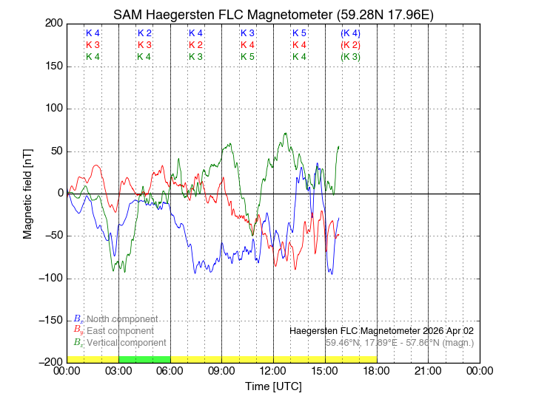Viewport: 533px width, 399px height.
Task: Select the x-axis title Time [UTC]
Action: [x=273, y=386]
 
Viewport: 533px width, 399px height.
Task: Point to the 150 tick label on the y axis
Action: [x=52, y=66]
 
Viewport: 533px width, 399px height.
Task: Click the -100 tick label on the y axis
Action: [x=49, y=279]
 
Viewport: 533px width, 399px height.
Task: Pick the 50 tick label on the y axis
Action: [x=55, y=151]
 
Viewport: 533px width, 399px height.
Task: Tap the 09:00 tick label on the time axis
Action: [x=221, y=371]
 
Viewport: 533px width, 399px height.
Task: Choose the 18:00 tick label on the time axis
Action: [x=376, y=371]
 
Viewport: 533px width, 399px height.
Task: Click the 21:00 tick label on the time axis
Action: [x=428, y=371]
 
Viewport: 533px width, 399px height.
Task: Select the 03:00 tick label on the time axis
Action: [x=118, y=371]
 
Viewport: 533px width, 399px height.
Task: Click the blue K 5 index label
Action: [x=299, y=34]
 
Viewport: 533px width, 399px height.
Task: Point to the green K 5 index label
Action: [x=247, y=57]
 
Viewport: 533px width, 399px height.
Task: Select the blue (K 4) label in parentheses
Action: [x=351, y=34]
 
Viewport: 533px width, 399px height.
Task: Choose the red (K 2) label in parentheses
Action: [x=351, y=45]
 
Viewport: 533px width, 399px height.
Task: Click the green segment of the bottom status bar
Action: [x=144, y=359]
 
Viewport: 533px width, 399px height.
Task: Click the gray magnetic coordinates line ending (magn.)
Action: [x=400, y=343]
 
